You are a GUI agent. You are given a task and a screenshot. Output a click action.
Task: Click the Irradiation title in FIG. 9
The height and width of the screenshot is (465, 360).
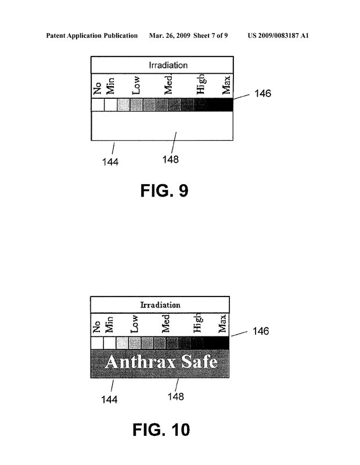(x=168, y=65)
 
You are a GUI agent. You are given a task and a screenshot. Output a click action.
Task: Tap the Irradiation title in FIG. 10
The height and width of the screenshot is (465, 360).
(x=160, y=305)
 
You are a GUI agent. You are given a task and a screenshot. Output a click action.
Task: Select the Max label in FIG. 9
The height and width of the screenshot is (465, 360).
(x=226, y=85)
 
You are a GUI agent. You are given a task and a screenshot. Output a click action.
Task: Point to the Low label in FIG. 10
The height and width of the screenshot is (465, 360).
(x=134, y=324)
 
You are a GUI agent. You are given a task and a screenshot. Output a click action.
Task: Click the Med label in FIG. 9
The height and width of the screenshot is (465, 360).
(x=168, y=85)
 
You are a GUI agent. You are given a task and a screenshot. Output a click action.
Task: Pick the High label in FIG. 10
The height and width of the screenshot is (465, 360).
(x=197, y=323)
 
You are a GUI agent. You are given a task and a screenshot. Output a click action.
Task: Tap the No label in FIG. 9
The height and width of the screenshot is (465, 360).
(x=97, y=88)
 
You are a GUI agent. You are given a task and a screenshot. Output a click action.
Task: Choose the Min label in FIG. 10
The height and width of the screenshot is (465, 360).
(x=109, y=324)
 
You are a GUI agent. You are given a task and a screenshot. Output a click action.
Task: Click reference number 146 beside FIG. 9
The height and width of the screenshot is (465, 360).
(x=263, y=94)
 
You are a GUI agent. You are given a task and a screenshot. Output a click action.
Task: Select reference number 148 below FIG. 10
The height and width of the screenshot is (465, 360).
(x=176, y=396)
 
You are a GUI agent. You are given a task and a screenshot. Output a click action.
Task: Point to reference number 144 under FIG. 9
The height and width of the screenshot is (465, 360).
(x=110, y=162)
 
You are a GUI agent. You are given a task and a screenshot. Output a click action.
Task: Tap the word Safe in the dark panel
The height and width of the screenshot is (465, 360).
(x=199, y=362)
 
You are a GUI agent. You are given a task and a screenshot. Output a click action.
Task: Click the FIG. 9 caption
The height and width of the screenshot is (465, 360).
(x=164, y=191)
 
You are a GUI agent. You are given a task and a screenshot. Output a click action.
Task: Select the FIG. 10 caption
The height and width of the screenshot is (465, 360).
(x=161, y=430)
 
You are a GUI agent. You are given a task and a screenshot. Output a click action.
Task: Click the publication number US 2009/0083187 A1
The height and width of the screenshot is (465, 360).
(x=278, y=35)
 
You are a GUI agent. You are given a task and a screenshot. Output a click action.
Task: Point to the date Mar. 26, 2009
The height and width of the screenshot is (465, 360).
(x=170, y=35)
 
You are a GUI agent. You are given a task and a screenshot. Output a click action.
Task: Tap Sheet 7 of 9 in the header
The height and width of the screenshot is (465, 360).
(x=211, y=35)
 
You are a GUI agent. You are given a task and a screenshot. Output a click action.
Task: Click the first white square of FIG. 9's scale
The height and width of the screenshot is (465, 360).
(x=98, y=105)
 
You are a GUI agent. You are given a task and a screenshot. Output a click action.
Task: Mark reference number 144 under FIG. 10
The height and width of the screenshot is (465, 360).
(x=109, y=399)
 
